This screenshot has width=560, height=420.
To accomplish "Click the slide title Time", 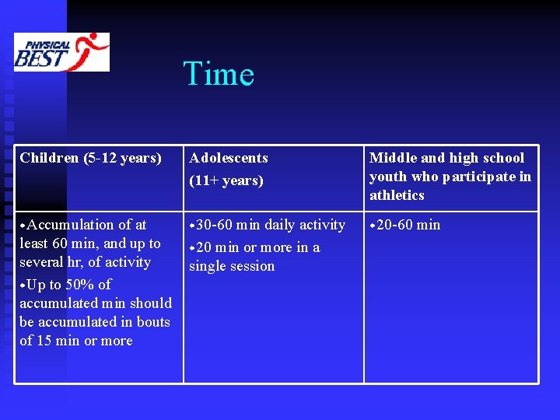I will tap(219, 75).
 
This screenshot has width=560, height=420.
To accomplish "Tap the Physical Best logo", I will tap(61, 52).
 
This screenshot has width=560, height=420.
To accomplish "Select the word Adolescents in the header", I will tap(228, 158).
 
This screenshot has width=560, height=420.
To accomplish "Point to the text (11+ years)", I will tap(226, 180).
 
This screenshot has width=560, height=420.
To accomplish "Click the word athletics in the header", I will tap(397, 195).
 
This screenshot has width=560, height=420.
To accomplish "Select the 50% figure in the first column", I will tap(81, 285).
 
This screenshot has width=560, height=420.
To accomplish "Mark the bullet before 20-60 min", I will tap(373, 226).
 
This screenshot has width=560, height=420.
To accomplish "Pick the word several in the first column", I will tap(43, 262).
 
